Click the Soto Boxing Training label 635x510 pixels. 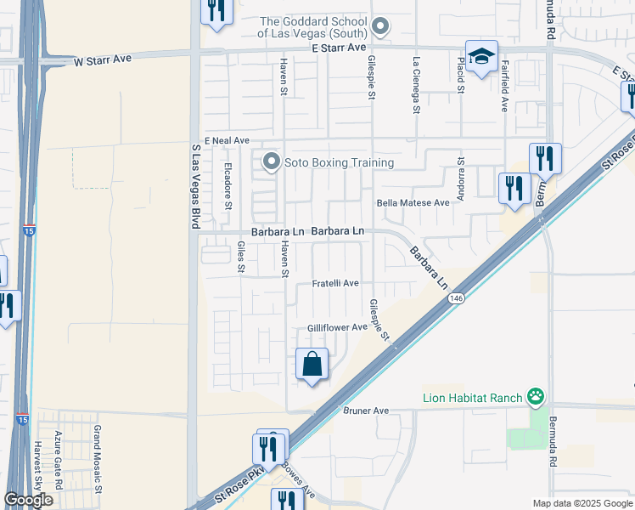click(x=340, y=162)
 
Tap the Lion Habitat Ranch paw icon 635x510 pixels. click(x=535, y=396)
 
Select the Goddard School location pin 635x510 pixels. click(x=381, y=27)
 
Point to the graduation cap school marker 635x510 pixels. click(x=481, y=57)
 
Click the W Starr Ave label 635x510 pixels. click(x=104, y=61)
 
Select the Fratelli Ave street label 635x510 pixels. click(x=336, y=283)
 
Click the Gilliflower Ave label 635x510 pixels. click(x=337, y=327)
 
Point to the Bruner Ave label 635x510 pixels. click(x=366, y=411)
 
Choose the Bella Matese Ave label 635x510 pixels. click(x=413, y=203)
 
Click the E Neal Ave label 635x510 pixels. click(x=227, y=140)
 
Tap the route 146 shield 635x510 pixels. click(x=457, y=298)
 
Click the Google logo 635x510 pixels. click(x=28, y=500)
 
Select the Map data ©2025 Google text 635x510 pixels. click(x=582, y=503)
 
